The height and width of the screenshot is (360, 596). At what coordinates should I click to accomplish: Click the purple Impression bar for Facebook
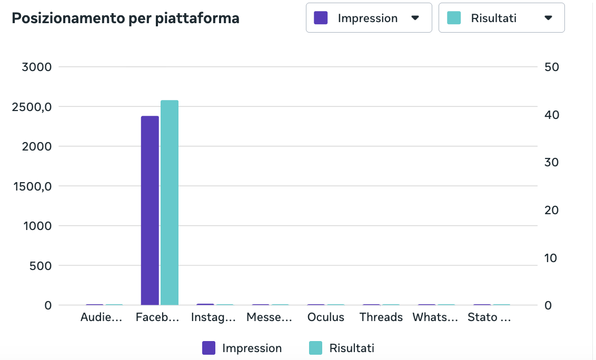150,210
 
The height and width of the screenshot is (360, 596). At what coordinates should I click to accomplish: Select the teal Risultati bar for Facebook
170,203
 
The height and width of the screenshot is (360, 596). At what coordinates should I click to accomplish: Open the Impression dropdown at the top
369,18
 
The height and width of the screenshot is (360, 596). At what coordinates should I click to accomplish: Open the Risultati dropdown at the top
501,18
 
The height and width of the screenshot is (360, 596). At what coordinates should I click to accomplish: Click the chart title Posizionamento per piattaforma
125,18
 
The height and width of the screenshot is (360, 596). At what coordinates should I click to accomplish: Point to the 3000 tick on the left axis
36,67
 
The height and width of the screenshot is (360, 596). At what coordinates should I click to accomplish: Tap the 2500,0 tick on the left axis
32,107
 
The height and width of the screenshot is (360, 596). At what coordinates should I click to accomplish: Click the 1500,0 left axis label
32,186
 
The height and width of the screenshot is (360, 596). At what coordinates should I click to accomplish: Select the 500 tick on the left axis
41,266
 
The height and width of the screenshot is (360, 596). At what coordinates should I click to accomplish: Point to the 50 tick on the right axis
552,67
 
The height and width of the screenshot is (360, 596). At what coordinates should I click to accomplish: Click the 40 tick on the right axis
552,115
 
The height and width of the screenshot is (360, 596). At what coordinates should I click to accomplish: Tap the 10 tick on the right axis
551,258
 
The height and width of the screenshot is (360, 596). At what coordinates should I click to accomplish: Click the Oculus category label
326,317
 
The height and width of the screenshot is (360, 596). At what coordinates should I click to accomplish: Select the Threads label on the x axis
381,317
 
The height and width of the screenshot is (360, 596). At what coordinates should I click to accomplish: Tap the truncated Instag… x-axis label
213,317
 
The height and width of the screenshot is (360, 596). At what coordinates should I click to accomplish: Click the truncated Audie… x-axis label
101,317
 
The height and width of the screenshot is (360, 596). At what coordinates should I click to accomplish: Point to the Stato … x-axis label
489,317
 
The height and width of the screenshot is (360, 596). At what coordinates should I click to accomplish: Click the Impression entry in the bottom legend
242,348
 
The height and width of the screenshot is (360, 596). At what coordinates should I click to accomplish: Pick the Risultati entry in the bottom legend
342,348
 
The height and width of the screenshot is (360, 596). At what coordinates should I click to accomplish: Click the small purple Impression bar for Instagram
205,305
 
